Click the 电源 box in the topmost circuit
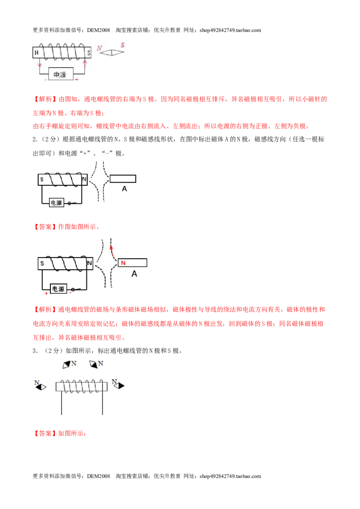coord(61,74)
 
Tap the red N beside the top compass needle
coord(99,48)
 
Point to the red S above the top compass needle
coord(122,45)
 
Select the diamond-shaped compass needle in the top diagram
coord(112,53)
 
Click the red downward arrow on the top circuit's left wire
coord(40,64)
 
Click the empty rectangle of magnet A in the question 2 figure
coord(123,179)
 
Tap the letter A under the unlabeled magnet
coord(124,188)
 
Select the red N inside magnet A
coord(123,263)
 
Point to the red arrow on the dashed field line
coord(112,249)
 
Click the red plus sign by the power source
coord(46,294)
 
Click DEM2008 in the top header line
coord(99,30)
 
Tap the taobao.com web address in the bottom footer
coord(230,476)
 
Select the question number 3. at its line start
coord(35,351)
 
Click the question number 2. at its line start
coord(35,139)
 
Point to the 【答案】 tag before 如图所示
coord(45,433)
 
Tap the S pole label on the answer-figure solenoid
coord(42,263)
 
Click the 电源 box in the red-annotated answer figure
coord(58,289)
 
